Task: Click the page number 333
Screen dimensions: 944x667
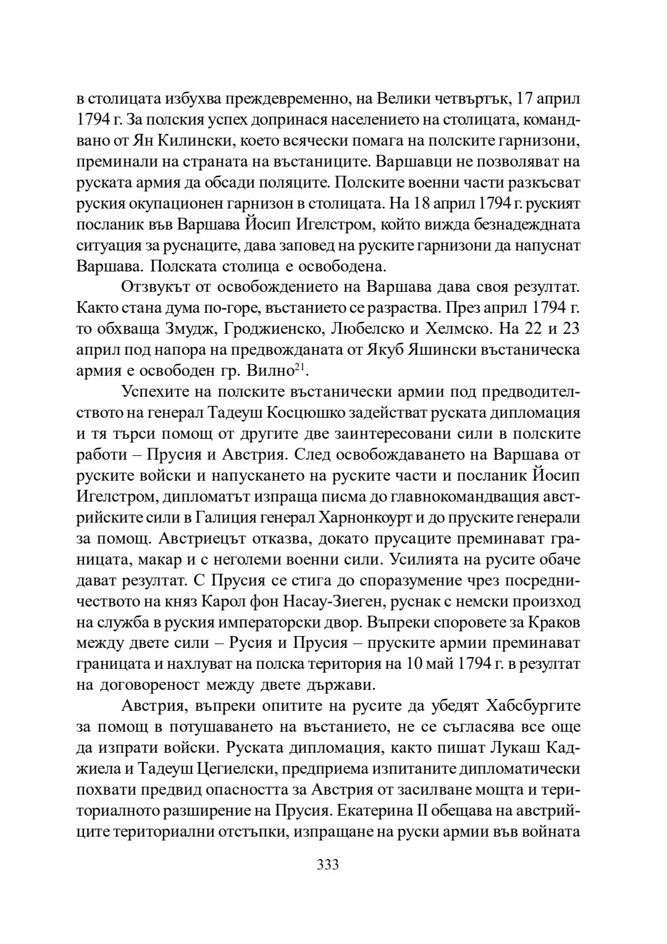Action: point(327,864)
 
